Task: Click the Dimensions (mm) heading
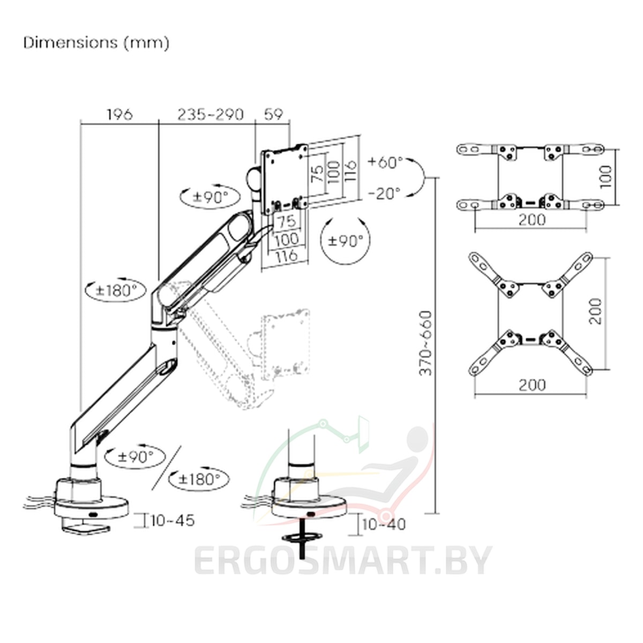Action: tap(96, 43)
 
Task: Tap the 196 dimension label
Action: tap(119, 115)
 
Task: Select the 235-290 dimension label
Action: tap(211, 115)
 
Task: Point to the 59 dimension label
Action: tap(273, 115)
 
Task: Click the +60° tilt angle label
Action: tap(385, 162)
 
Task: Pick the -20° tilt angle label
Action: tap(384, 193)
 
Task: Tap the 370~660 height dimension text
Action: tap(426, 343)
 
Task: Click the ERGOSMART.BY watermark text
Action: tap(343, 560)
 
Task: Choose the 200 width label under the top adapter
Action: tap(532, 220)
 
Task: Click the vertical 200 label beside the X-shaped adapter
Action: tap(595, 311)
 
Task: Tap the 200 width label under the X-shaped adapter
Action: tap(532, 385)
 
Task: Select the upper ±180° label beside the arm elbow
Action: tap(116, 290)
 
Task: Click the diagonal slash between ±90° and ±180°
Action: tap(167, 467)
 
